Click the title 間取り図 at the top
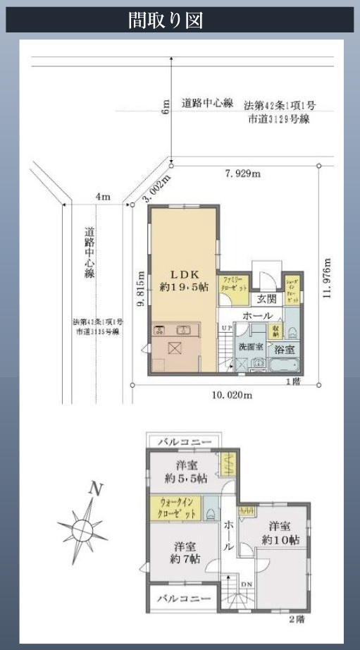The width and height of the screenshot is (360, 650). tap(166, 20)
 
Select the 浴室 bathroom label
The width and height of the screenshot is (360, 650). tap(284, 349)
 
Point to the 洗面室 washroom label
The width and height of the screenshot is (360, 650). tap(250, 347)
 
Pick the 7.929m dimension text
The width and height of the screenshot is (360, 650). tap(242, 173)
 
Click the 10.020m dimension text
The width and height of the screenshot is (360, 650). tap(231, 395)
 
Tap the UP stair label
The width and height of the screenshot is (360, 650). tap(225, 328)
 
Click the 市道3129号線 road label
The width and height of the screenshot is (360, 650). tap(279, 120)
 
